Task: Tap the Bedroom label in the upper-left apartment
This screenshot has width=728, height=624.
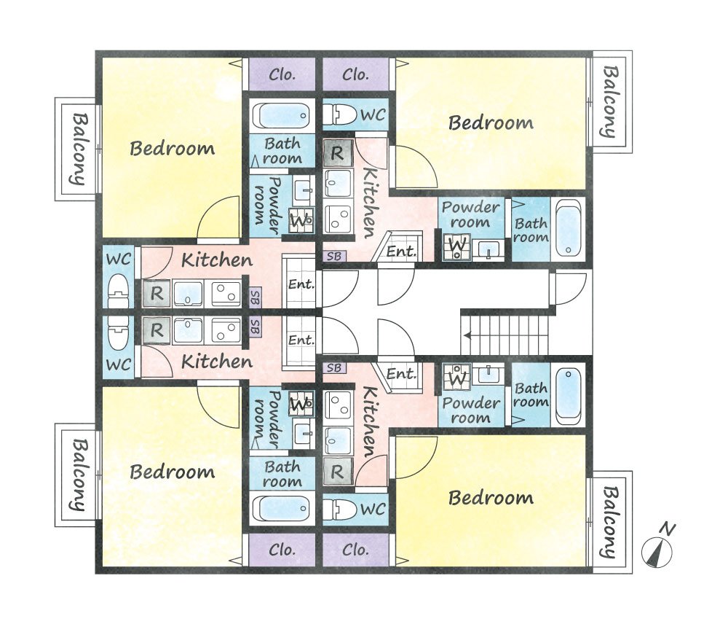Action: [x=173, y=148]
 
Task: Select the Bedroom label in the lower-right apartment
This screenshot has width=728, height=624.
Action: [x=491, y=498]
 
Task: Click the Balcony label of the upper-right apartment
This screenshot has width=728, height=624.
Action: [x=610, y=102]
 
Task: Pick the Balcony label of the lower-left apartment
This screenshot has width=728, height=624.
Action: [x=79, y=475]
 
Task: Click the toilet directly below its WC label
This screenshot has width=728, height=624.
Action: [x=119, y=291]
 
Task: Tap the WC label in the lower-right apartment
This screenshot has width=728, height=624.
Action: [x=373, y=509]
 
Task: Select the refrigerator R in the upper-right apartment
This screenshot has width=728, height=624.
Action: [x=338, y=153]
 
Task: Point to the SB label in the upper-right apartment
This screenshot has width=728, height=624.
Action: [x=334, y=256]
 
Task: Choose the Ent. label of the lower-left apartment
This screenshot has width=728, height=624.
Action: [x=301, y=340]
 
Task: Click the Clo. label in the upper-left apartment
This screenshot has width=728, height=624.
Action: [x=282, y=74]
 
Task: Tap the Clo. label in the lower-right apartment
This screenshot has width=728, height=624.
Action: [x=355, y=550]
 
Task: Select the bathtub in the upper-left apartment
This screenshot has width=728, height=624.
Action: [x=282, y=115]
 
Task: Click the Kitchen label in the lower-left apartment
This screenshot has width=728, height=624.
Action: [x=217, y=362]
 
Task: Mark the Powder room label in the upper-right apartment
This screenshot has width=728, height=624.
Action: [x=470, y=214]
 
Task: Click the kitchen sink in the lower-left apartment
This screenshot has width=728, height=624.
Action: [x=188, y=331]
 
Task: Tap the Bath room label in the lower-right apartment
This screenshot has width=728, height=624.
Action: [x=531, y=395]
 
